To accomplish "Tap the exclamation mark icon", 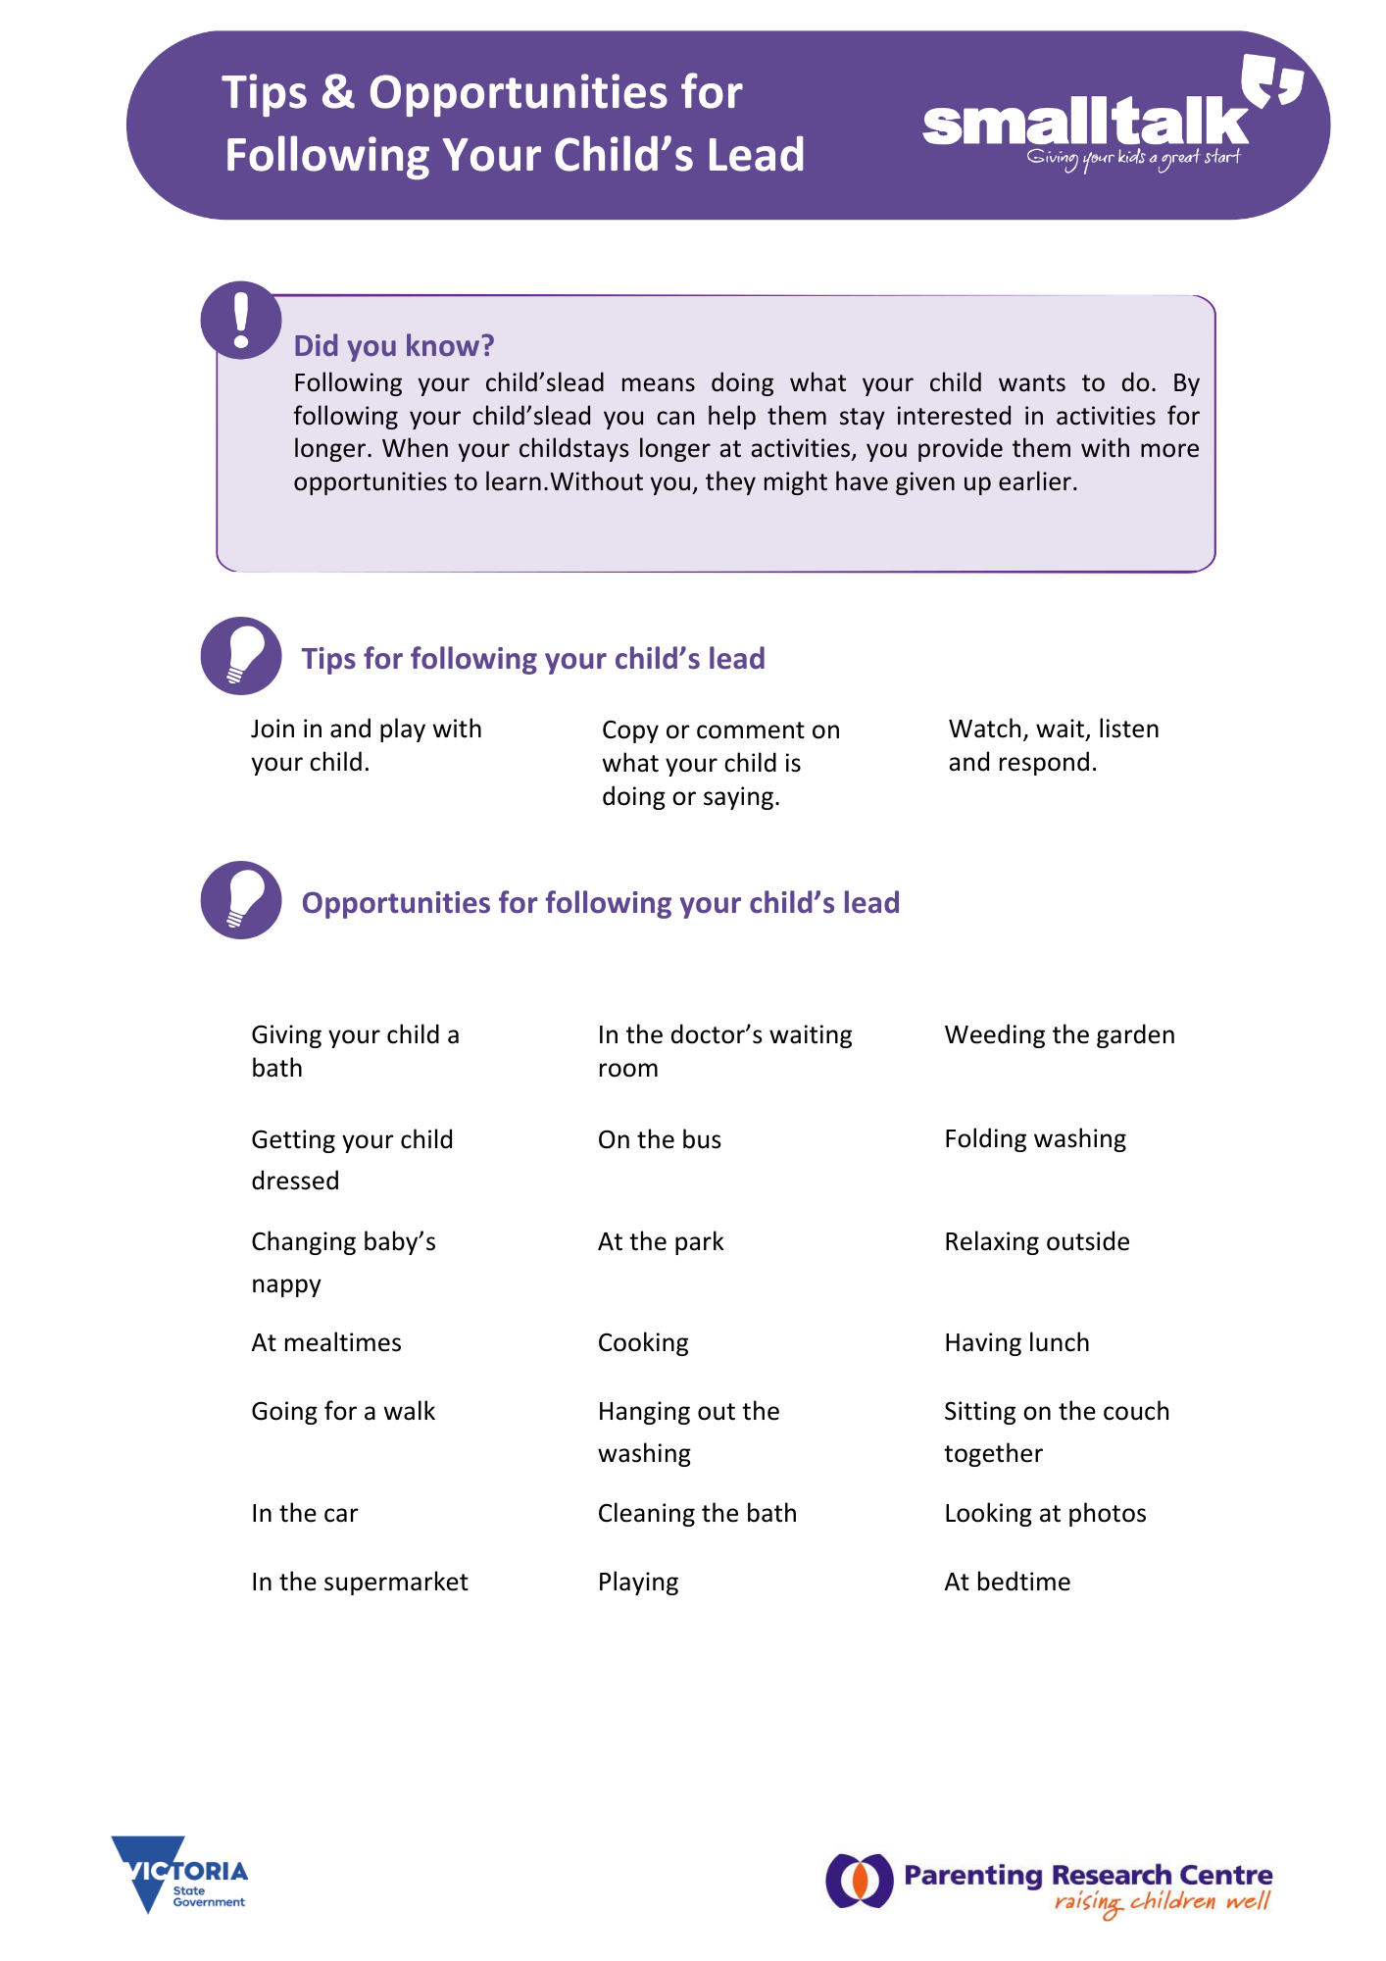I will [x=241, y=320].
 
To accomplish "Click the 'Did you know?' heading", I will [x=394, y=346].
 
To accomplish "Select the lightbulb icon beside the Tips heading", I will [x=241, y=656].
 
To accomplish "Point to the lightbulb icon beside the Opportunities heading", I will [x=241, y=900].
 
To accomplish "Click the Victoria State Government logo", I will [x=180, y=1875].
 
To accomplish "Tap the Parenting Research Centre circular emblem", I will [x=860, y=1881].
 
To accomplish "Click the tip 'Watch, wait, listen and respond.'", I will [x=1053, y=745].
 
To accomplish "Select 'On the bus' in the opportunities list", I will [x=660, y=1139].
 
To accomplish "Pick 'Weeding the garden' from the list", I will [x=1060, y=1034].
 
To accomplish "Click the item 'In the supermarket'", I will [x=360, y=1582].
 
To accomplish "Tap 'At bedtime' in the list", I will [x=1008, y=1582].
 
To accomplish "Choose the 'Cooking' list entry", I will [x=643, y=1342].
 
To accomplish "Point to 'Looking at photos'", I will [x=1045, y=1513].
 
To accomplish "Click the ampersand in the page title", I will [x=337, y=93].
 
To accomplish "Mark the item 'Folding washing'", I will [x=1035, y=1138].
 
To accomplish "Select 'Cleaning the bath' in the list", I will [x=697, y=1513].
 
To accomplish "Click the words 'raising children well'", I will [x=1162, y=1903].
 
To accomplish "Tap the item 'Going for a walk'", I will [x=343, y=1411].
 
